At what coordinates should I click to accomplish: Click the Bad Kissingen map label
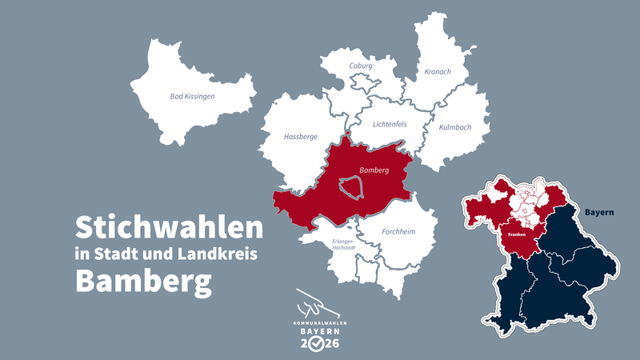pos(193,96)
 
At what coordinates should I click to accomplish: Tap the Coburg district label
pos(362,66)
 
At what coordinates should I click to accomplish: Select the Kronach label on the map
pos(438,72)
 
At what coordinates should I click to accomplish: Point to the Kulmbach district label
pos(454,127)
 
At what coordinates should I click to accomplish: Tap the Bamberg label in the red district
pos(374,170)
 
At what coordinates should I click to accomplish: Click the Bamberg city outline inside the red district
pos(350,188)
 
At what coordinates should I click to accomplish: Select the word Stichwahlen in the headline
pos(169,228)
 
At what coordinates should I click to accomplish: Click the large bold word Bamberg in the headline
pos(144,281)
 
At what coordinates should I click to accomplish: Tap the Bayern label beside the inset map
pos(599,213)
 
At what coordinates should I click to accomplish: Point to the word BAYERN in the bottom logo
pos(319,330)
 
